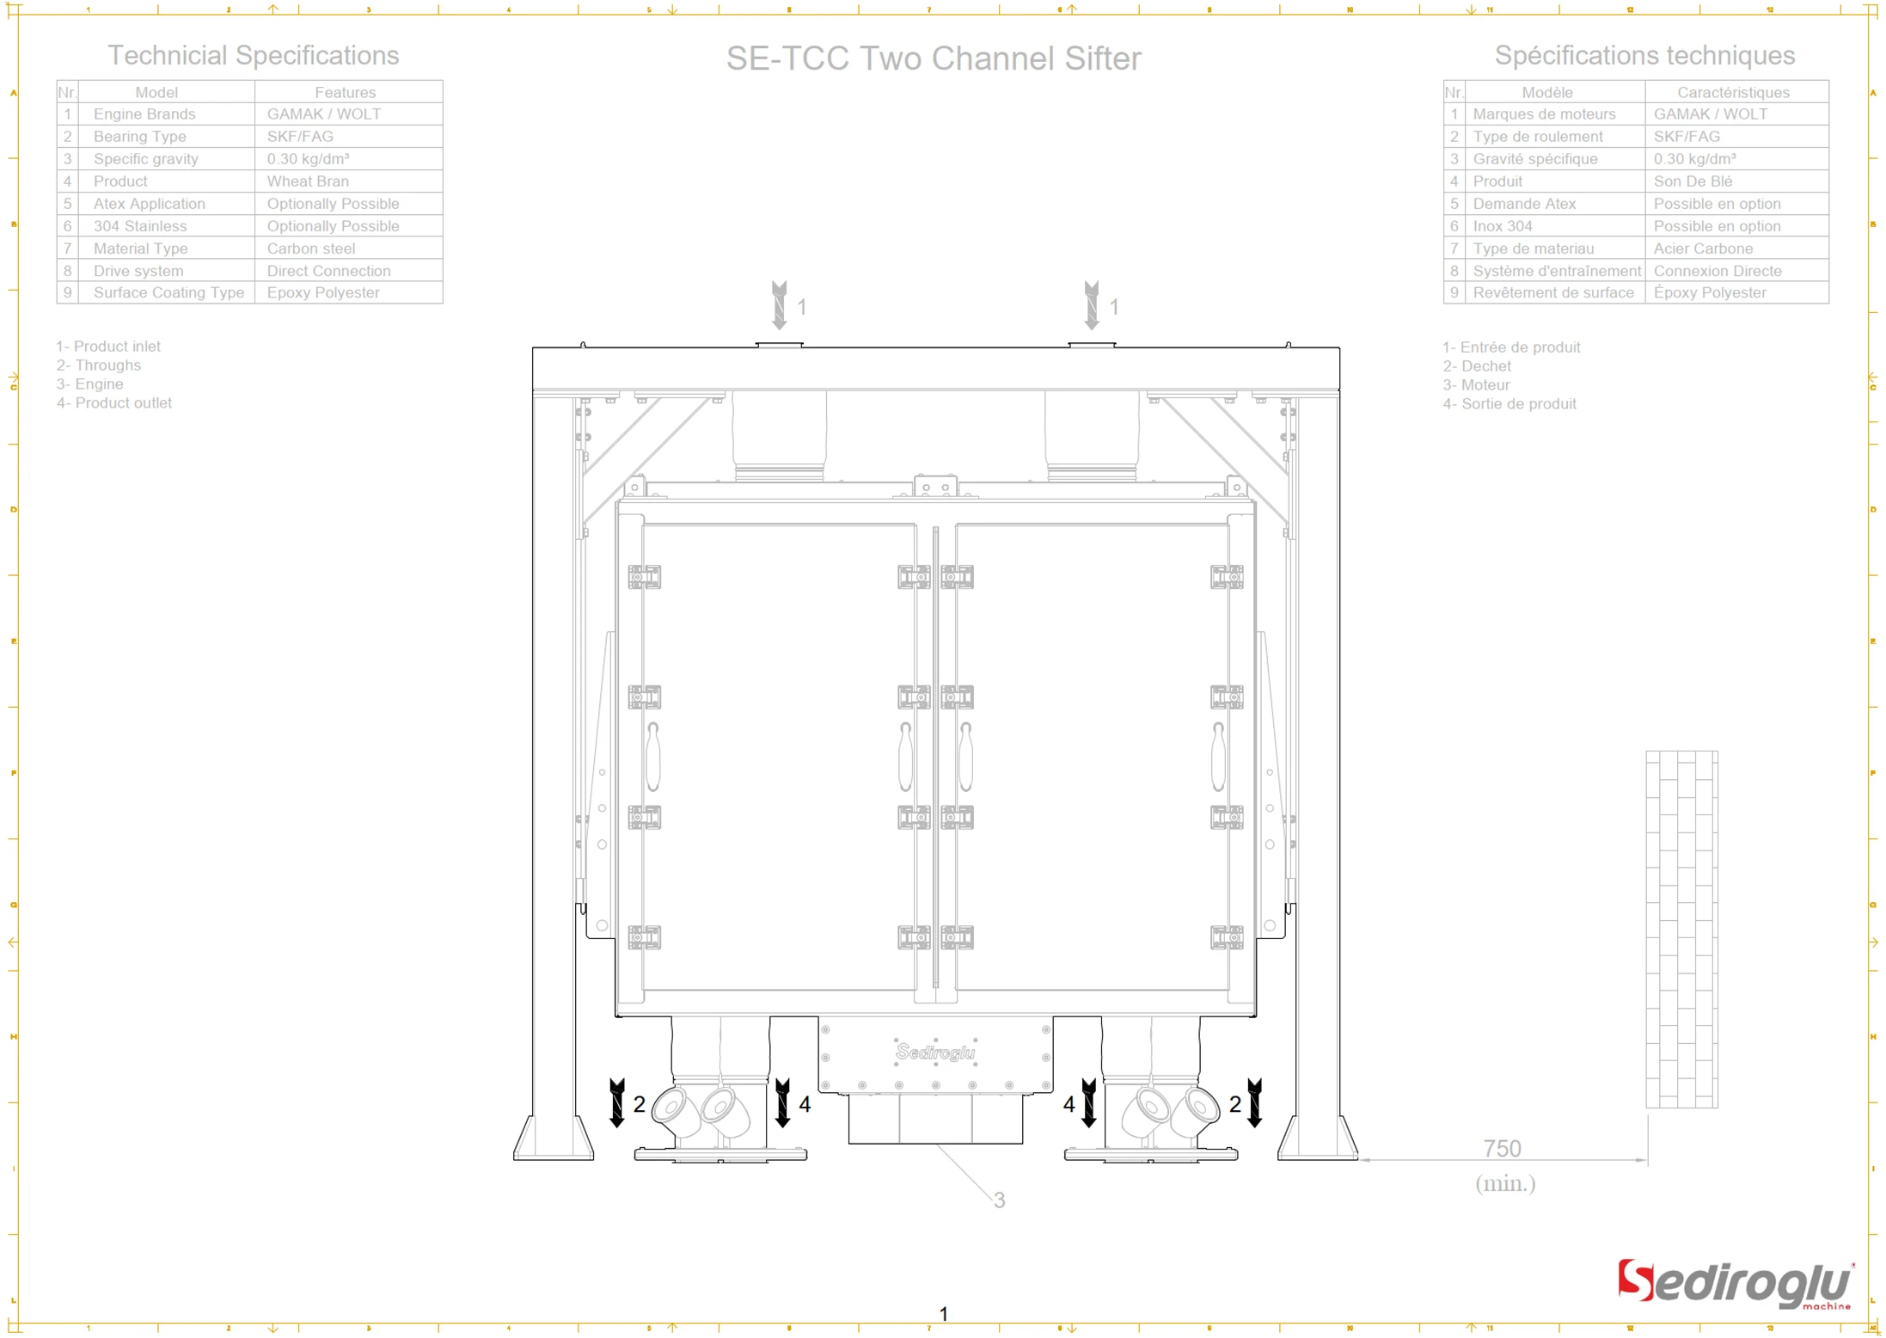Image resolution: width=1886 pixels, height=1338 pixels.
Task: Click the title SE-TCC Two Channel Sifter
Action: (x=933, y=58)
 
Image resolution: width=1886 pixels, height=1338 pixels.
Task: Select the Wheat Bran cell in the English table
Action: (x=308, y=181)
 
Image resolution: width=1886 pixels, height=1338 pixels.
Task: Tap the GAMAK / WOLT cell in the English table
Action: (x=323, y=114)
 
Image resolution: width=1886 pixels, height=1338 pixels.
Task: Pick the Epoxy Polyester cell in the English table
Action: (x=322, y=292)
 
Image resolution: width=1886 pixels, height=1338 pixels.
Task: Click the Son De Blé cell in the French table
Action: (x=1692, y=181)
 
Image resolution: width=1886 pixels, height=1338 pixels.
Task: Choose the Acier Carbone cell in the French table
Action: (x=1702, y=249)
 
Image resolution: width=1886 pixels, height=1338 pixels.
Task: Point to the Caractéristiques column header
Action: (x=1732, y=92)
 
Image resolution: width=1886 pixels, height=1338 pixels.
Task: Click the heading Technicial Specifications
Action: (x=253, y=55)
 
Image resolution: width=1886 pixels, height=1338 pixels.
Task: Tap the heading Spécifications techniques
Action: (x=1644, y=55)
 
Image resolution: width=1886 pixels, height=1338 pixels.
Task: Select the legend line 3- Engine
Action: (x=90, y=384)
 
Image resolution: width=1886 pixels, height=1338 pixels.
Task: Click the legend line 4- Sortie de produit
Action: (x=1509, y=403)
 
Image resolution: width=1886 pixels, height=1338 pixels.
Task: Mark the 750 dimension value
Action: (x=1502, y=1148)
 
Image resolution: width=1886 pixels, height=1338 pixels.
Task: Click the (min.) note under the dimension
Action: (x=1504, y=1183)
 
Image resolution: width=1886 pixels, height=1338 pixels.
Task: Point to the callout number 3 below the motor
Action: (x=998, y=1200)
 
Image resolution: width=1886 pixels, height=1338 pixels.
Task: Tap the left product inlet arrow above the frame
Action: (x=779, y=305)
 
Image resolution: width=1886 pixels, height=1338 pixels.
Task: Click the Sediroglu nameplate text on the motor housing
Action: (x=935, y=1052)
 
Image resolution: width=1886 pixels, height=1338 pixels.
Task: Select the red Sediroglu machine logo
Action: (x=1734, y=1284)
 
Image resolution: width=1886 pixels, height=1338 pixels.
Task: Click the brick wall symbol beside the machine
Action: (x=1681, y=929)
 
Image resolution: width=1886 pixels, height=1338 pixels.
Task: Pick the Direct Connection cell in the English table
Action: (x=328, y=271)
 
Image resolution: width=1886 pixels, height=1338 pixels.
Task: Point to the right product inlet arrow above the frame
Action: (x=1091, y=305)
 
